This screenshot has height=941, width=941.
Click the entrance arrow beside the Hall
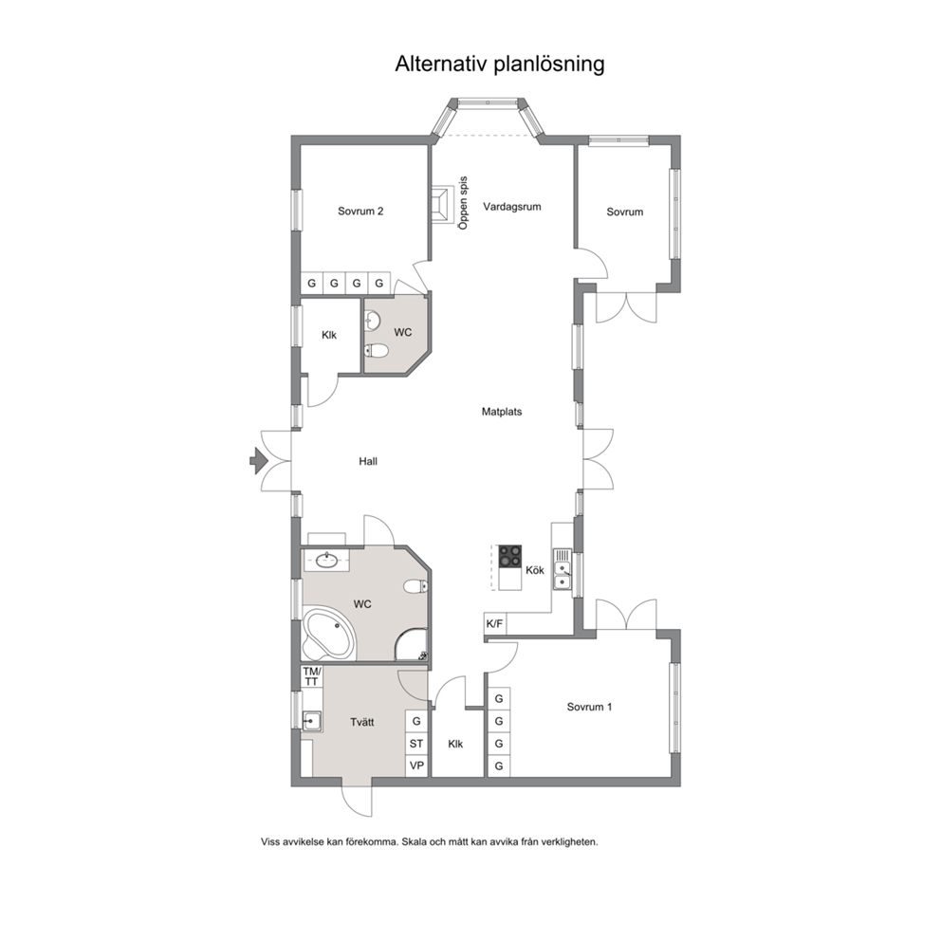click(259, 461)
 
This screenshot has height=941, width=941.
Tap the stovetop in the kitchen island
click(510, 556)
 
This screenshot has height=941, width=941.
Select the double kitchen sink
click(563, 569)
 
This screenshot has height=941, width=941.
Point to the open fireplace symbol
click(442, 204)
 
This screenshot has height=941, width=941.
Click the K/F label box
click(495, 624)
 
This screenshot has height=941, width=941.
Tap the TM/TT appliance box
click(312, 676)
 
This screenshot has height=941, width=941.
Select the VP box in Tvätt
click(416, 766)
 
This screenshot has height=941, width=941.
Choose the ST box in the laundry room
click(416, 744)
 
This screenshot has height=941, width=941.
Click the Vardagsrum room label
click(512, 207)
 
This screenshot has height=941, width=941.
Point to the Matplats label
click(502, 412)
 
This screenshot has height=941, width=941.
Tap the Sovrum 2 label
click(360, 212)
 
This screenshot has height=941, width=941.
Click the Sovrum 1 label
click(589, 707)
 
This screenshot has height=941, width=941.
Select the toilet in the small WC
click(375, 349)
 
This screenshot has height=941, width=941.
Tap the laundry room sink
click(311, 720)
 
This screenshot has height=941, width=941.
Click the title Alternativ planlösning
click(499, 65)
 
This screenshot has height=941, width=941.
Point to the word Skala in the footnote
click(412, 842)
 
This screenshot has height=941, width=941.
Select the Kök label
click(535, 570)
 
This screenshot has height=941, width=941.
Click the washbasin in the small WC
click(372, 321)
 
